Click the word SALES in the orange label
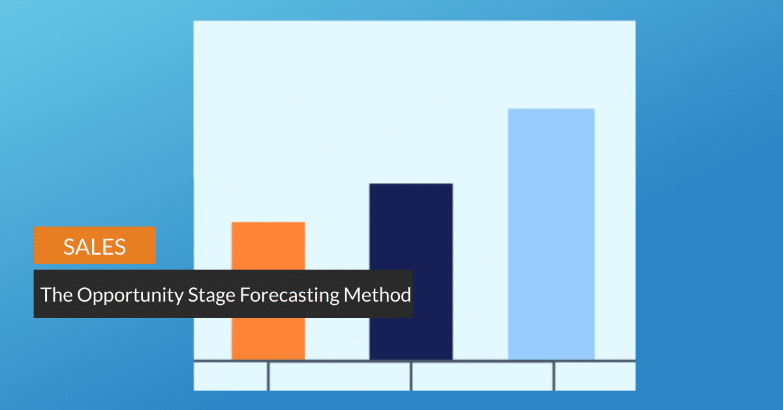(x=95, y=247)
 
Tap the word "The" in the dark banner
(x=56, y=294)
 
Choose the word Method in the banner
(x=378, y=294)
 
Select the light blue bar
(x=551, y=234)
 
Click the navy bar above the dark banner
(x=411, y=227)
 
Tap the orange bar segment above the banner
(x=268, y=246)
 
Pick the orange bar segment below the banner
(x=268, y=339)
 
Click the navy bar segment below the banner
(x=411, y=339)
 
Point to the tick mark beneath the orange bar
(x=268, y=376)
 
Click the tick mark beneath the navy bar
(x=411, y=376)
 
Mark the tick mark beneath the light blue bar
(x=554, y=376)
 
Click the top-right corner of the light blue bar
(x=594, y=108)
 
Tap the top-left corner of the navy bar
(x=369, y=183)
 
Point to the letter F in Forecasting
(x=245, y=294)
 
